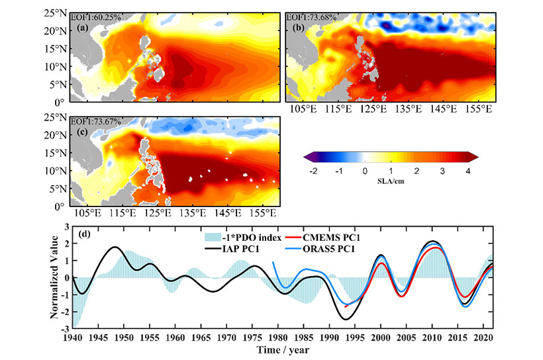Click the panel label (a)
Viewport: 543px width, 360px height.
pyautogui.click(x=83, y=27)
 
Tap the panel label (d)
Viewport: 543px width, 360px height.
pyautogui.click(x=84, y=234)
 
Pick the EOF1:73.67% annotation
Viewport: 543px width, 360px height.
pyautogui.click(x=95, y=120)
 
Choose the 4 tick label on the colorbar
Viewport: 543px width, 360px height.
pyautogui.click(x=468, y=170)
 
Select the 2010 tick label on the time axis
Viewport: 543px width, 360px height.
pyautogui.click(x=432, y=337)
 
